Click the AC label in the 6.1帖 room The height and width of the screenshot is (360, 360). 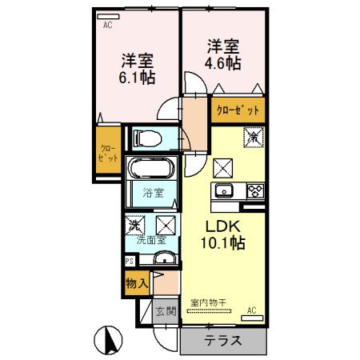pos(107,25)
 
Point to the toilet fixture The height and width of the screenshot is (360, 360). pos(148,138)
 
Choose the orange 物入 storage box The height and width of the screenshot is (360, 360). pos(136,282)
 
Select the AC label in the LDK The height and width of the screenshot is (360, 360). pos(251,310)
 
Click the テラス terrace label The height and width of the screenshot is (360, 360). pos(223,339)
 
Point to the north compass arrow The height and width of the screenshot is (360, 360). pos(110,339)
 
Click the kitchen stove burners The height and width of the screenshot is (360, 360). pos(255,190)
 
